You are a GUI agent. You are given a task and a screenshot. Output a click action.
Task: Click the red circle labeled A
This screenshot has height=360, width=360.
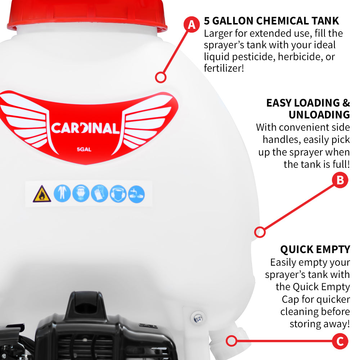(192, 24)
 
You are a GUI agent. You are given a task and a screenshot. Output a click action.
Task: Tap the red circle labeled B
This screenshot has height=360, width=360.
(340, 180)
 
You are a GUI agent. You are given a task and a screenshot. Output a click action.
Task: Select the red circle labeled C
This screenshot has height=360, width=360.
(340, 341)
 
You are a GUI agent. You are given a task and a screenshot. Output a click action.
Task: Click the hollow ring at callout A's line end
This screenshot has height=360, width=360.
(161, 77)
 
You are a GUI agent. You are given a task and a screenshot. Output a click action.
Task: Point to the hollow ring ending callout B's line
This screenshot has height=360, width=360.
(260, 232)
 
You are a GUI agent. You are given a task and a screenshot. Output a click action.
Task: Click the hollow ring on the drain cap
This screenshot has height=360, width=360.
(231, 341)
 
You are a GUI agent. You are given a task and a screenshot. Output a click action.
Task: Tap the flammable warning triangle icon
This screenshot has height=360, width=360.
(42, 194)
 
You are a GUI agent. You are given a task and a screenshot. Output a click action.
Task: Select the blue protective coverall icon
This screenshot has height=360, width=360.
(62, 194)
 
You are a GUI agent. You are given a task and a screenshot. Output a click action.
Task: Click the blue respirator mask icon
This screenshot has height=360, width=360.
(81, 194)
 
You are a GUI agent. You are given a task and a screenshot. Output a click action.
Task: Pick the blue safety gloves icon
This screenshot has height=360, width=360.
(99, 194)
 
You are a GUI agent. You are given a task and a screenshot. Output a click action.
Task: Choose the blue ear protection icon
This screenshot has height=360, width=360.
(118, 194)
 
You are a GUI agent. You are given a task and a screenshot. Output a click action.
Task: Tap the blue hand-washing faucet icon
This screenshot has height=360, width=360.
(136, 194)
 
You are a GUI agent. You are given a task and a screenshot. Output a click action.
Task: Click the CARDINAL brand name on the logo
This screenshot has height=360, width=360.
(85, 128)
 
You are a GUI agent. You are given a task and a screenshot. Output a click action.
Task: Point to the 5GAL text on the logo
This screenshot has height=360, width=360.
(84, 149)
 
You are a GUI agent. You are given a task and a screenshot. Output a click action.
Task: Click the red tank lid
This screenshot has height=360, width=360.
(87, 15)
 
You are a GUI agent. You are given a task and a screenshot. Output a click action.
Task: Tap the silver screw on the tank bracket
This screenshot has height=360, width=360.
(198, 318)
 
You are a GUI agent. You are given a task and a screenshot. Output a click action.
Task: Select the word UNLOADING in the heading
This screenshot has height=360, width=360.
(319, 115)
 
